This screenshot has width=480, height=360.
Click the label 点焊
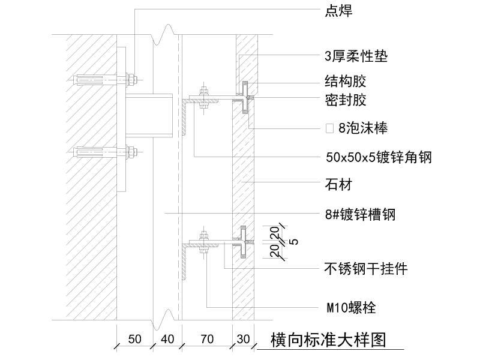click(338, 11)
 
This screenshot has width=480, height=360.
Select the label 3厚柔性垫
click(356, 57)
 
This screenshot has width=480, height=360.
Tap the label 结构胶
click(345, 81)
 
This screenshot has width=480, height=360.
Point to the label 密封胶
click(345, 100)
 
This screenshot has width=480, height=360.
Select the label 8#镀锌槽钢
click(359, 214)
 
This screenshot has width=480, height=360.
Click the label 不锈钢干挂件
click(366, 269)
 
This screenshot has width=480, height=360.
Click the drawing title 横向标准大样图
click(328, 340)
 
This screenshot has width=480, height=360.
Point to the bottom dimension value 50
click(134, 340)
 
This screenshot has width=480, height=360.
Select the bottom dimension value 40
click(167, 340)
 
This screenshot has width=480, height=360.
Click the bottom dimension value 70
click(206, 340)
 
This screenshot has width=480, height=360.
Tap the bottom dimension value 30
click(243, 340)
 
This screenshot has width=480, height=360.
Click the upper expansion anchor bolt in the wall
click(105, 79)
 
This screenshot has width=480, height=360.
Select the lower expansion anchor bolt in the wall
click(105, 153)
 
